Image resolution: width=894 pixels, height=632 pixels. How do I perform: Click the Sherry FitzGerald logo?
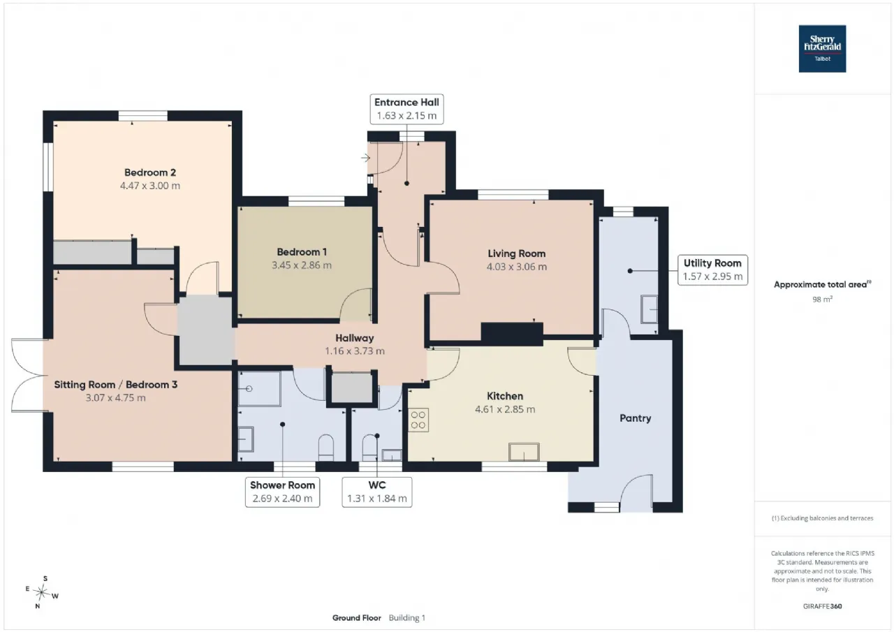tap(822, 49)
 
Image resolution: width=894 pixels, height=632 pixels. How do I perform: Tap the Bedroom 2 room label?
tap(150, 172)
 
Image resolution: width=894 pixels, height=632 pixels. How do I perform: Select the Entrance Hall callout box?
tap(406, 109)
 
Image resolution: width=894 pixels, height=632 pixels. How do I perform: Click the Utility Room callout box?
tap(712, 270)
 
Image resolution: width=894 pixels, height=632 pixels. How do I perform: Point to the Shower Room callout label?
tap(283, 492)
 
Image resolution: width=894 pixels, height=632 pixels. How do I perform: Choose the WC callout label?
tap(376, 492)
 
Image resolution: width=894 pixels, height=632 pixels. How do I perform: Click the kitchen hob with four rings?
tap(418, 420)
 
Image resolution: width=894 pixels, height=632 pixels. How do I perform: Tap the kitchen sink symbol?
tap(524, 452)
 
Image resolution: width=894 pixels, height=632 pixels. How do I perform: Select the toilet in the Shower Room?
tap(325, 448)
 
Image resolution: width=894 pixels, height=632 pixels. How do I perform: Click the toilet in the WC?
tap(369, 448)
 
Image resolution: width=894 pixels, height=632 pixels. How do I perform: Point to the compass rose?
tap(41, 592)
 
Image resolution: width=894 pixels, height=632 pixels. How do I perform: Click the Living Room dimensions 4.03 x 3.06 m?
tap(516, 267)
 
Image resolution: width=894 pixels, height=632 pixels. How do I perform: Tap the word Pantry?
tap(636, 418)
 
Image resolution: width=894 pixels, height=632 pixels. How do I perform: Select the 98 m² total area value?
tap(822, 300)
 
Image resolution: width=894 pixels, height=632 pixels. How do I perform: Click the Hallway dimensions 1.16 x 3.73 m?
tap(355, 351)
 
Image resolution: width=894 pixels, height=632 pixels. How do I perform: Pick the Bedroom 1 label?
tap(302, 252)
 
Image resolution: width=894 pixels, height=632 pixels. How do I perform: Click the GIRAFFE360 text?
tap(822, 606)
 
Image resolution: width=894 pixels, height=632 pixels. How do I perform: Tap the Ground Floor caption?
tap(357, 617)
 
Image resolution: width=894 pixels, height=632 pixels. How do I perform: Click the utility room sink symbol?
tap(649, 309)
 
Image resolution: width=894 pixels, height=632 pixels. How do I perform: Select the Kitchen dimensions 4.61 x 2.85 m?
tap(505, 409)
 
